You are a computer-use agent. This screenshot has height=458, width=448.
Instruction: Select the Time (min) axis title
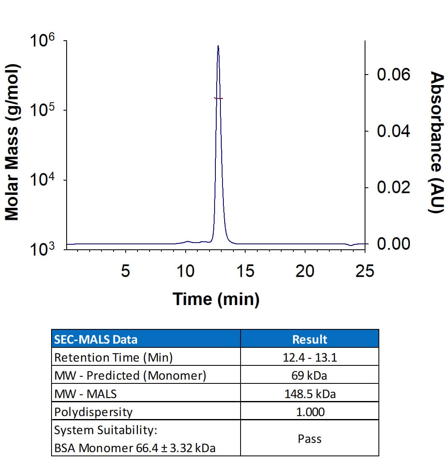[x=216, y=299]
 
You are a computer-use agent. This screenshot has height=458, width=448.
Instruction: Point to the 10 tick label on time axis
[x=185, y=272]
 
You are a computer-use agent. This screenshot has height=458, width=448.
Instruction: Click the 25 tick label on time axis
[x=364, y=272]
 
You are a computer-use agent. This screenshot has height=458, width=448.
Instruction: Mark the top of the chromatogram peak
[x=218, y=46]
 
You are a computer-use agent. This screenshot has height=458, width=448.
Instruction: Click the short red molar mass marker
[x=218, y=98]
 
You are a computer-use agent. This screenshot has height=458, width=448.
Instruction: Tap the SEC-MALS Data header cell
[x=96, y=339]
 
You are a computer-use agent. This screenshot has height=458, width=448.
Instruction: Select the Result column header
[x=309, y=339]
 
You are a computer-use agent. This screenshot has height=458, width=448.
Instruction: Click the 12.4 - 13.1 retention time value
[x=309, y=357]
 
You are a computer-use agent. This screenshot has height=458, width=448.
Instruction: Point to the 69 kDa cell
[x=309, y=375]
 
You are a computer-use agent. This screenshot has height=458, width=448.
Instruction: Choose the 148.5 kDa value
[x=309, y=394]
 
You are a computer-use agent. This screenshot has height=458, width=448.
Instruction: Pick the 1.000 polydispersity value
[x=309, y=412]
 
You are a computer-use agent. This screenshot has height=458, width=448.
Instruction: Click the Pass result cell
[x=309, y=439]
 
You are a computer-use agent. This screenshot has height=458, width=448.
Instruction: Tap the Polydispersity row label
[x=93, y=412]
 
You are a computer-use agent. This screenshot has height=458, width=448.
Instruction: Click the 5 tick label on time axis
[x=125, y=272]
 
